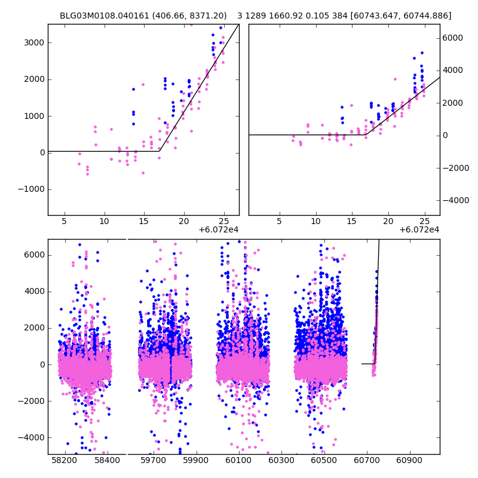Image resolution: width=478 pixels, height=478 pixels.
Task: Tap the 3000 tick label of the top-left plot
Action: [34, 43]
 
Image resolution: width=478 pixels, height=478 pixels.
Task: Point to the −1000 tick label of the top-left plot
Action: [32, 189]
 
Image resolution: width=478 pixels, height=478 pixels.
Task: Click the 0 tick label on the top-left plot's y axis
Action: [42, 152]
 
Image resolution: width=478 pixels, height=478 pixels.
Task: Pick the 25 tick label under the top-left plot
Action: [223, 221]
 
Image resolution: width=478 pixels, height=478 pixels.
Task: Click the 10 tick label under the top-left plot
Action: [104, 221]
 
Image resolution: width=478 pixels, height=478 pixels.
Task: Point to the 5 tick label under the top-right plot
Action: [279, 221]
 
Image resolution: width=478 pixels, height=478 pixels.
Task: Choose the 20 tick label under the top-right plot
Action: [388, 221]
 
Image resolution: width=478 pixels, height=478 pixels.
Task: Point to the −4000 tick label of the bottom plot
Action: [32, 437]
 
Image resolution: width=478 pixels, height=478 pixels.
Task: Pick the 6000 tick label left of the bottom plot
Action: [34, 255]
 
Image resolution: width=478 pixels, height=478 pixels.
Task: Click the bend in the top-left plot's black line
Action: [159, 151]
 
